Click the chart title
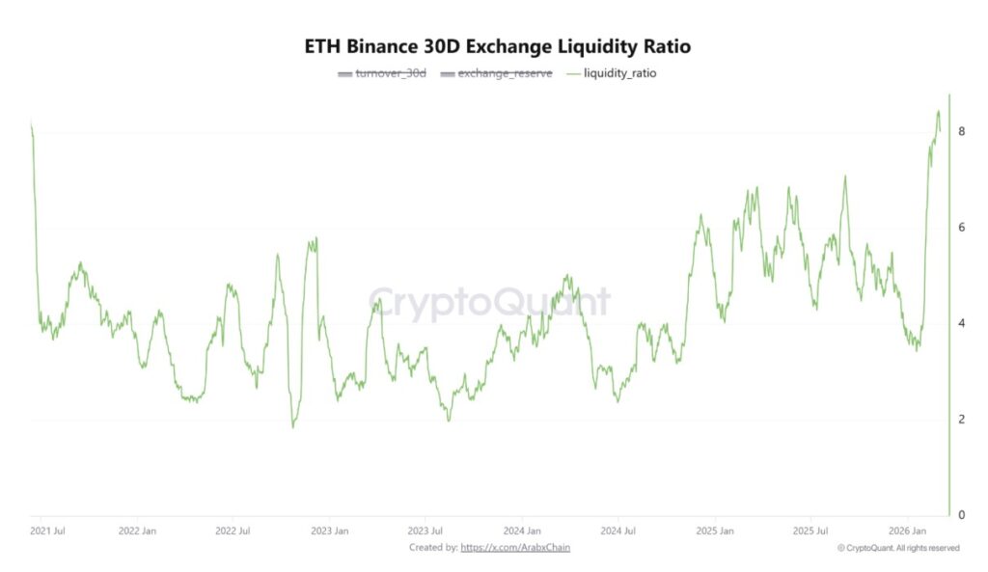click(498, 46)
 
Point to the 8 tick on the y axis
click(961, 131)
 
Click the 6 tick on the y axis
click(961, 228)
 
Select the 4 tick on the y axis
click(961, 323)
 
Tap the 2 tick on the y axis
click(961, 420)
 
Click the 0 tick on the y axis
click(961, 515)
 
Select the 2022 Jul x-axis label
click(232, 531)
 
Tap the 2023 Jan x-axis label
click(329, 531)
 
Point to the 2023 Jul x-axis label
click(425, 531)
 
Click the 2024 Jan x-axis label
click(522, 531)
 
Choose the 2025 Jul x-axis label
click(810, 531)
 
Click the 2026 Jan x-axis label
click(908, 531)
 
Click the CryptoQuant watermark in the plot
click(489, 303)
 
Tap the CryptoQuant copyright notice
click(898, 548)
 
